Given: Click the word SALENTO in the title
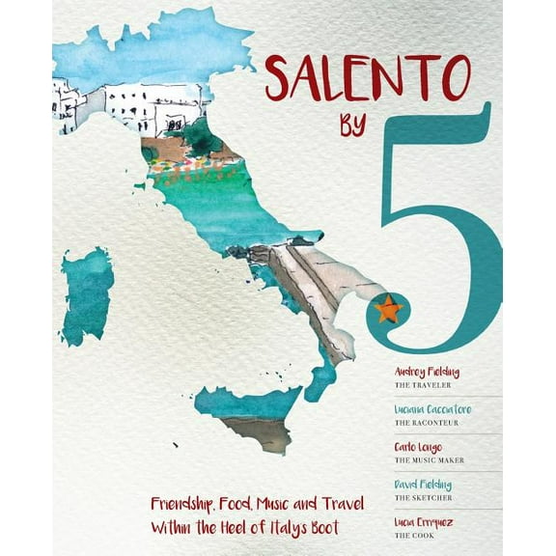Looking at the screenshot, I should click(x=368, y=79).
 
